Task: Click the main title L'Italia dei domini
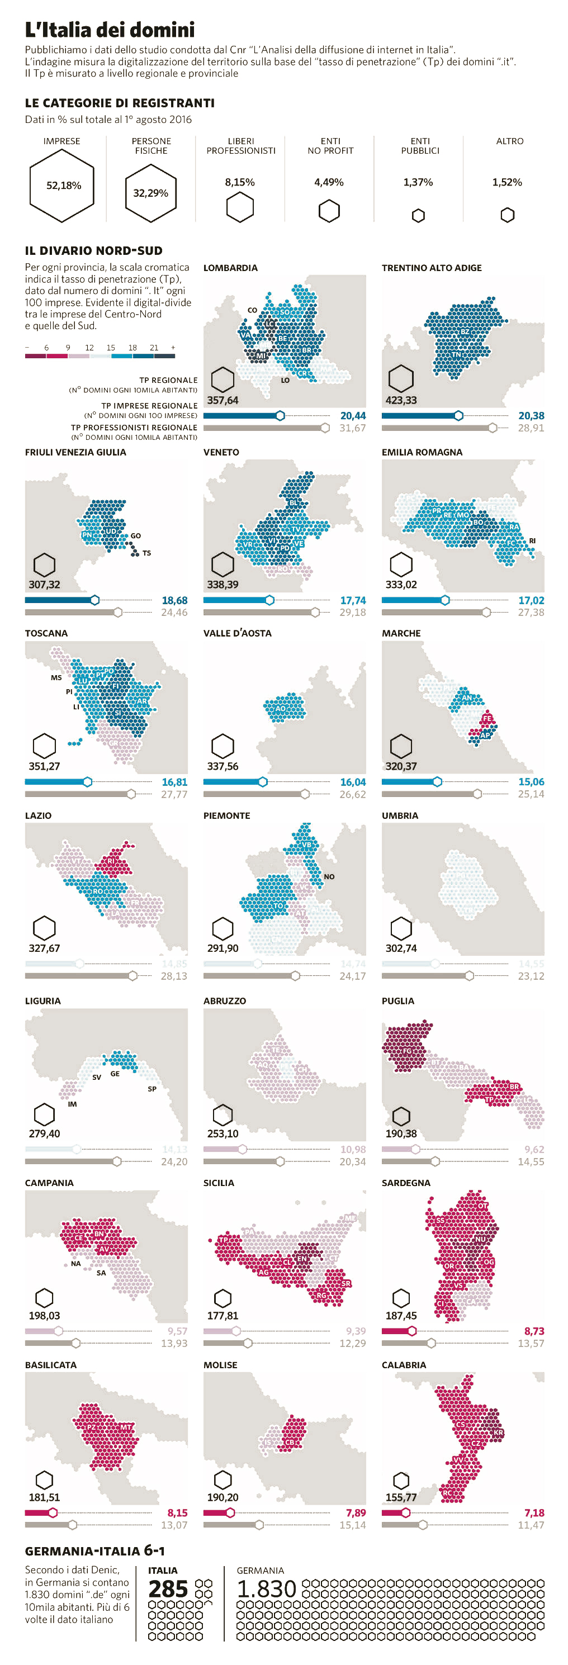point(110,30)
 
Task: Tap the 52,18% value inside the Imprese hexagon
point(63,186)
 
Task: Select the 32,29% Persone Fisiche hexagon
point(150,193)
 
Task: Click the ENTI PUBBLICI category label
point(419,145)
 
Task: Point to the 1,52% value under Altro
point(507,182)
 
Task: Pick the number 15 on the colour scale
point(111,347)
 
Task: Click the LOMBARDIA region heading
point(230,268)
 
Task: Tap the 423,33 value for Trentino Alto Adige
point(401,400)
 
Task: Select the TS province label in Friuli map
point(146,553)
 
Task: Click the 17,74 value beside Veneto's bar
point(353,600)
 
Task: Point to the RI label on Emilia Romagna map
point(532,540)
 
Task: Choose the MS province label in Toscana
point(56,677)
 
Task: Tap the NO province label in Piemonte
point(329,876)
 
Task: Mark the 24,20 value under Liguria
point(174,1161)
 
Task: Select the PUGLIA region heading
point(397,1000)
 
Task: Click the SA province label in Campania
point(101,1273)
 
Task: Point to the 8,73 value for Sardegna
point(534,1331)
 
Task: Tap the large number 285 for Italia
point(168,1590)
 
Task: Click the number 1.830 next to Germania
point(266,1590)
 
